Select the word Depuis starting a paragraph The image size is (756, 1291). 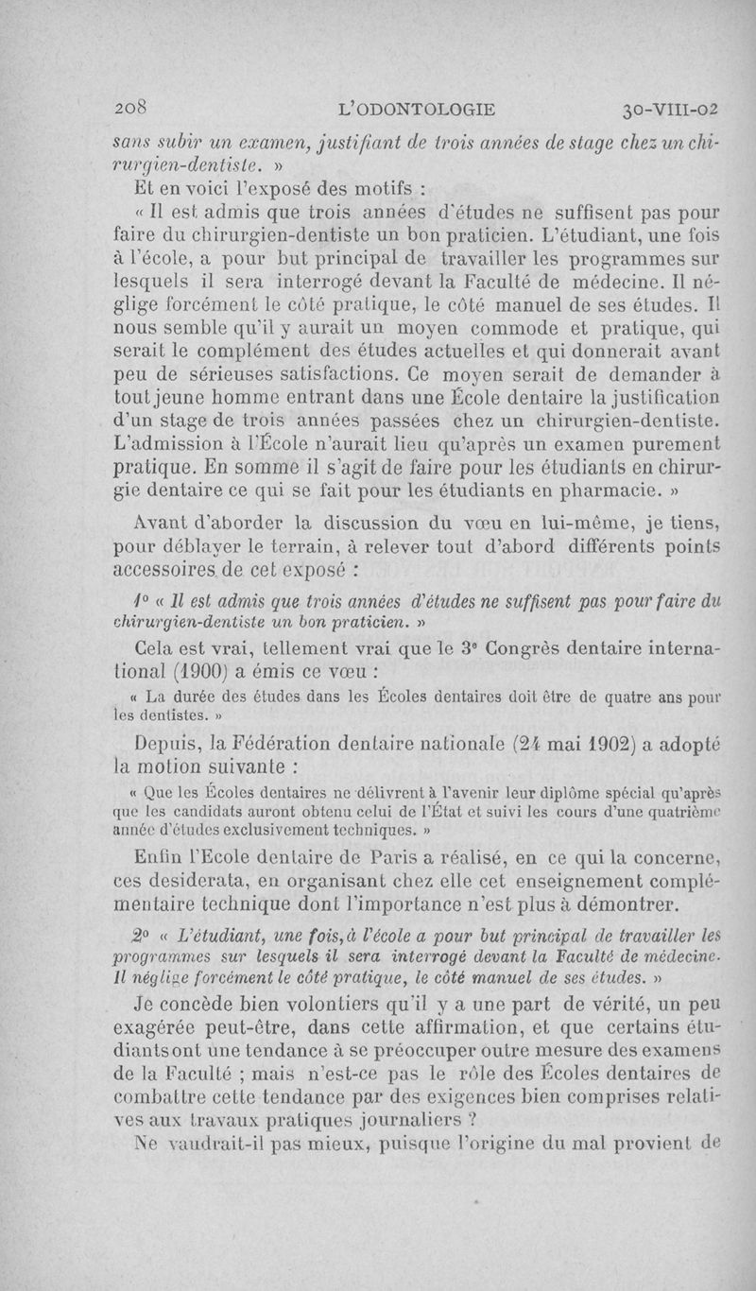click(x=165, y=745)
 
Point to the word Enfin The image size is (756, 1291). click(x=161, y=857)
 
